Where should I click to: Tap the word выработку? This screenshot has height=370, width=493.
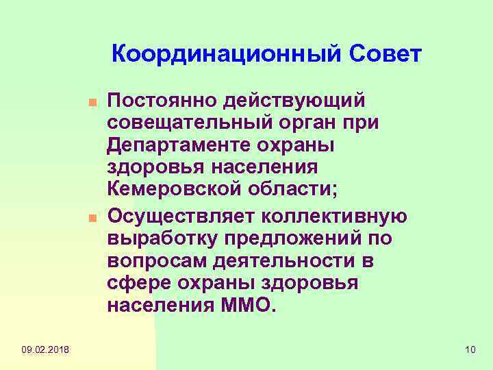[x=155, y=241]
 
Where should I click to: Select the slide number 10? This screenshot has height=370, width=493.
[x=469, y=351]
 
